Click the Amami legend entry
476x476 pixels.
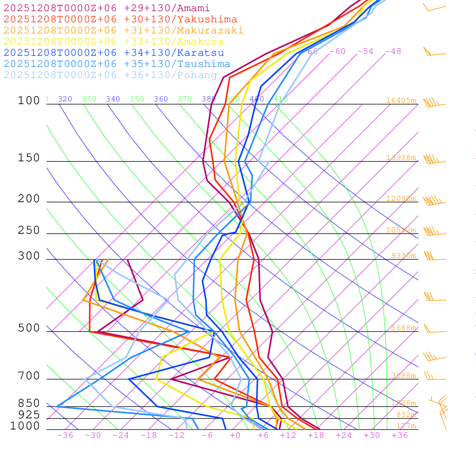point(106,8)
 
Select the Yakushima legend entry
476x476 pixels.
point(120,19)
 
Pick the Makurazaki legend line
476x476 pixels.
point(123,30)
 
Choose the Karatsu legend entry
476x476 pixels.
point(113,53)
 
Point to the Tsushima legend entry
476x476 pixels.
point(117,64)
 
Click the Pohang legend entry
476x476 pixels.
point(110,75)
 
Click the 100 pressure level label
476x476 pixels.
point(29,101)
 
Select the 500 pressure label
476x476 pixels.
point(29,328)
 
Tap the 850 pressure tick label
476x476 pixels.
point(29,403)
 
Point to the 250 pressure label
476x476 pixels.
point(29,231)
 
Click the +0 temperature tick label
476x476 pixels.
point(235,435)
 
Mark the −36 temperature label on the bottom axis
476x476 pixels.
point(65,435)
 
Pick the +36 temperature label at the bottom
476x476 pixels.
point(400,435)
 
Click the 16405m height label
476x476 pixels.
point(401,100)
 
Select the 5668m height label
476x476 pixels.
point(403,328)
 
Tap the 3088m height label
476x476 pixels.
point(403,376)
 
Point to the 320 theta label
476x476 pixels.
point(65,99)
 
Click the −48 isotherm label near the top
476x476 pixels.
point(393,51)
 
